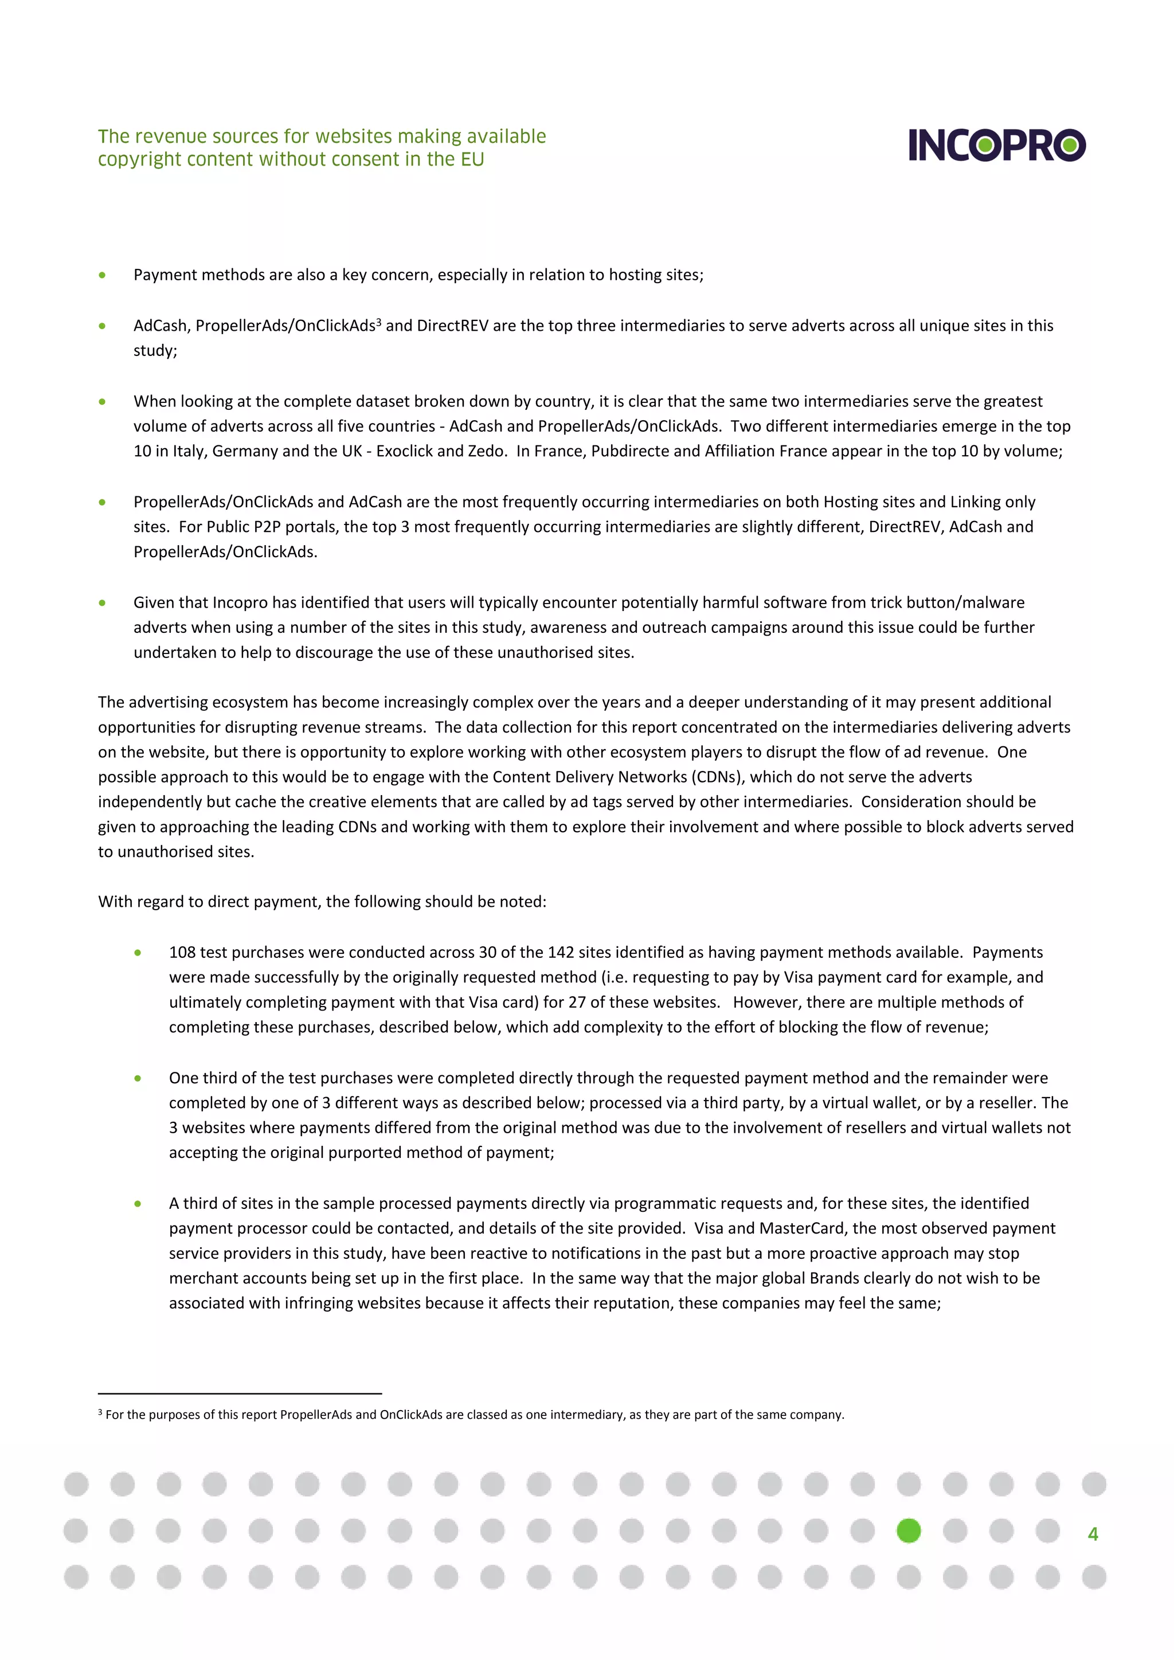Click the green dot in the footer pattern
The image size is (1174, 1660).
pyautogui.click(x=908, y=1530)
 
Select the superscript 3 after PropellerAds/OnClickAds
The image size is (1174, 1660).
pyautogui.click(x=378, y=321)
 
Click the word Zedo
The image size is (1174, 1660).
pyautogui.click(x=487, y=451)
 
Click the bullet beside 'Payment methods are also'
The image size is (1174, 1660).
pyautogui.click(x=102, y=275)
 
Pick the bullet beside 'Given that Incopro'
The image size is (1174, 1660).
pyautogui.click(x=102, y=603)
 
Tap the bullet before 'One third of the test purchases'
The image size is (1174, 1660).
pyautogui.click(x=138, y=1078)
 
